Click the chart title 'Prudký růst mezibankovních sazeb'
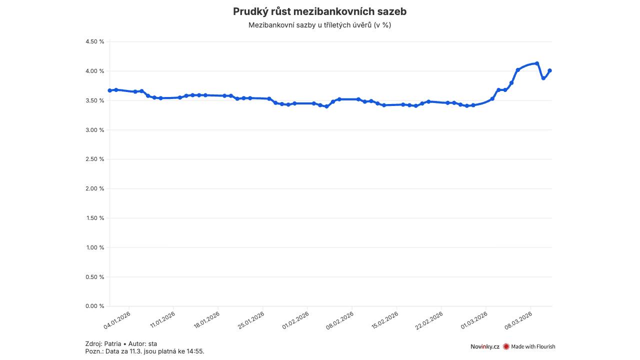(x=319, y=11)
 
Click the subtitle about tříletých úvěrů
(x=319, y=25)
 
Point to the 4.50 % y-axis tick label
(x=95, y=41)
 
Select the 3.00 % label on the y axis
(x=95, y=130)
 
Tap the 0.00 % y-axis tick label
(x=95, y=306)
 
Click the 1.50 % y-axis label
(x=95, y=218)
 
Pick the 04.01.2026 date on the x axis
(x=117, y=320)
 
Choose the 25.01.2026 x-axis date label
(x=251, y=320)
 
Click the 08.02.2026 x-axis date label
(x=340, y=320)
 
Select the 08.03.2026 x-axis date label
(x=518, y=320)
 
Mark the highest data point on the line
(x=537, y=63)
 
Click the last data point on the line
(x=549, y=70)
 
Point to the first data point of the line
(x=109, y=90)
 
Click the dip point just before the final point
(x=543, y=78)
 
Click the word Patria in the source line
(x=112, y=344)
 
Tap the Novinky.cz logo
(x=484, y=346)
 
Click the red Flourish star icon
(x=506, y=346)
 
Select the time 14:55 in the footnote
(x=195, y=351)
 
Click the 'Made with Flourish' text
(x=533, y=346)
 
